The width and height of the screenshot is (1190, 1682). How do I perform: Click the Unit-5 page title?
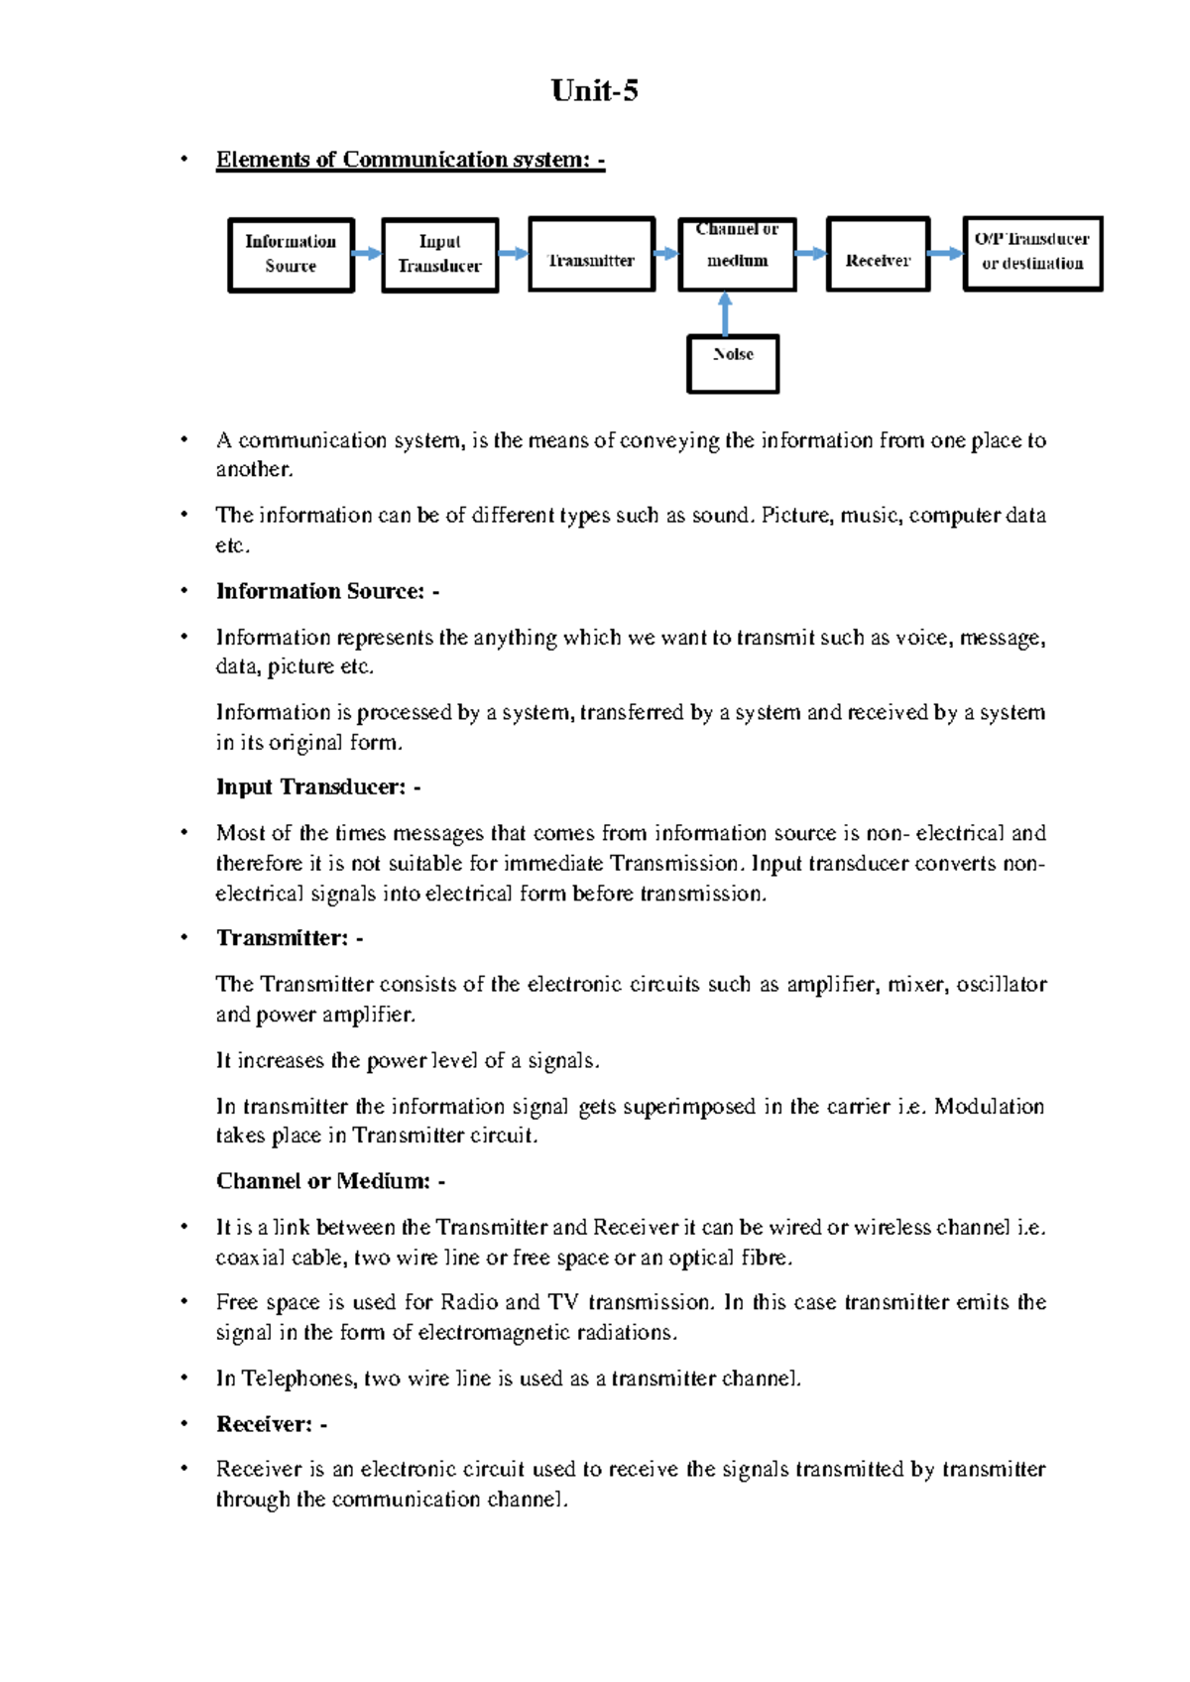coord(594,91)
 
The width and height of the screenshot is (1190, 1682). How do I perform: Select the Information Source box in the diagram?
coord(291,255)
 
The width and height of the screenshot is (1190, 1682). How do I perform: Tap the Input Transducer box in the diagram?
coord(439,255)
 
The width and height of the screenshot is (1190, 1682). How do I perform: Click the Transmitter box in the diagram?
coord(591,255)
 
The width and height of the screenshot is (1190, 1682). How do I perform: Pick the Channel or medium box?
coord(737,255)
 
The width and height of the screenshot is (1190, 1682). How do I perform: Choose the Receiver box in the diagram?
coord(878,255)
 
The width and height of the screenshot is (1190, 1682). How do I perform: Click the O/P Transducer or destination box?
coord(1032,253)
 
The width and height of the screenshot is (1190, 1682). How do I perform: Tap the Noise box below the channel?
coord(733,363)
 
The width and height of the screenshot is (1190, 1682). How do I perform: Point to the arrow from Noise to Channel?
coord(725,313)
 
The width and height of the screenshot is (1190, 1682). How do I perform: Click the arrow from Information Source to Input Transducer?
coord(367,254)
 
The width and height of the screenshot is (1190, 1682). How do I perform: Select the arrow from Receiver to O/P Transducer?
coord(946,254)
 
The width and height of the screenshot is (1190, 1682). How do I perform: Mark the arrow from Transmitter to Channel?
coord(666,254)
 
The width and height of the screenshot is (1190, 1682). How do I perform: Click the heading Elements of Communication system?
coord(410,160)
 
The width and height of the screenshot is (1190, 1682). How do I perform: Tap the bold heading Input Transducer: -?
coord(318,787)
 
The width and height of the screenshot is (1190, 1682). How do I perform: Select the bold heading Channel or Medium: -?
coord(330,1181)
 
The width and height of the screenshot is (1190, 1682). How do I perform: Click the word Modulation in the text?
coord(989,1106)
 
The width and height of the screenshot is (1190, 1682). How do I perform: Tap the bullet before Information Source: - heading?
coord(183,591)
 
